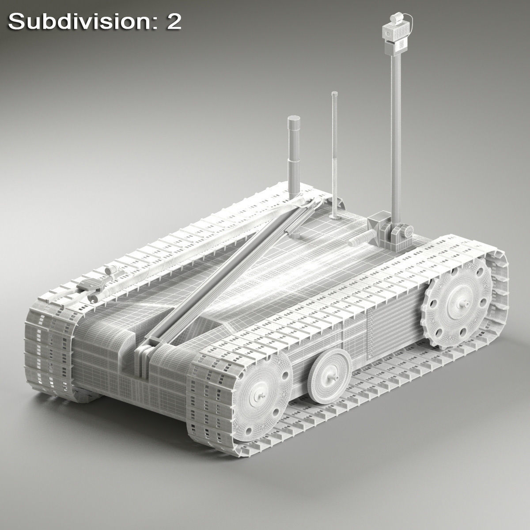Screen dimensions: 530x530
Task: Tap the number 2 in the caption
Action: pos(173,22)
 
